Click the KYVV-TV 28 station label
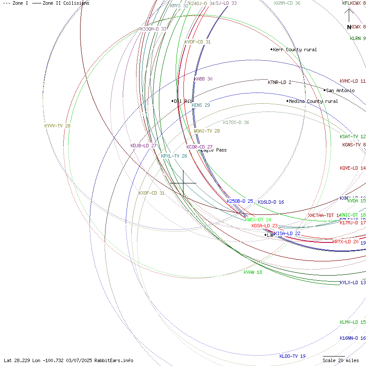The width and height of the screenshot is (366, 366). coord(57,126)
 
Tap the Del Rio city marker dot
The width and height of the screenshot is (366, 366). coord(172,101)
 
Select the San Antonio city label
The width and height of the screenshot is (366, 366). coord(340,90)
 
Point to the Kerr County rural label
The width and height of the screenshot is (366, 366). coord(295,50)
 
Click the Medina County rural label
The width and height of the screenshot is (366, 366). coord(313,101)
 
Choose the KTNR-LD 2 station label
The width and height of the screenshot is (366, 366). coord(279,82)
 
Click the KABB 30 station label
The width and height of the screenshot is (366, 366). coord(203,79)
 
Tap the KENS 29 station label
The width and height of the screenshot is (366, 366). coord(201,105)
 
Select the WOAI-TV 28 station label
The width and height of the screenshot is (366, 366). coord(207,131)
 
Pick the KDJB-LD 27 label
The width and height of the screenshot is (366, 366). coord(143,146)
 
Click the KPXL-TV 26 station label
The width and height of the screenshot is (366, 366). coord(174,156)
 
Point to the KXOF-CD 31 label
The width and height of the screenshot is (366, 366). coord(152,193)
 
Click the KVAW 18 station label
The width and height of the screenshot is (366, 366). coord(253,272)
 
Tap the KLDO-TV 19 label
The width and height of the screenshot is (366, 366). coord(292,356)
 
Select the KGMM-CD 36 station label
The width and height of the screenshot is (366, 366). coord(287,3)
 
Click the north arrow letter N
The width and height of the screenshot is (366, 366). coord(349,27)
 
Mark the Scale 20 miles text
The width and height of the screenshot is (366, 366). coord(341,360)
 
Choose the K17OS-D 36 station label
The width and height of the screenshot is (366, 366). coord(236,122)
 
